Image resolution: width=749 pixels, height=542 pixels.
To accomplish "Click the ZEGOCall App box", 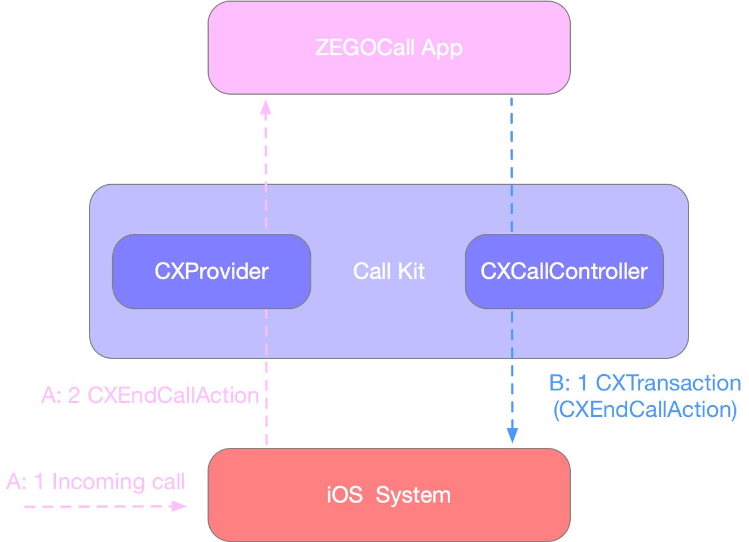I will pos(389,48).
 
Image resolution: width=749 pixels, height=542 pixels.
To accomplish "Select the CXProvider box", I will pos(212,272).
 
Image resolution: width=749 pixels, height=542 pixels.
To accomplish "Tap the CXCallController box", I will pos(564,272).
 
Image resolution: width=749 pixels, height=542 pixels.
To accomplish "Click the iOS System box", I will pos(389,495).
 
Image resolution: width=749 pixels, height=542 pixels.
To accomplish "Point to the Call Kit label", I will pos(389,272).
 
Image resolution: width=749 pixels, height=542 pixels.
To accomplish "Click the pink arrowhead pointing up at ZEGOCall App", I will pos(266,107).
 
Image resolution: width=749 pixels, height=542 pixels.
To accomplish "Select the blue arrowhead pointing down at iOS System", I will pos(512,435).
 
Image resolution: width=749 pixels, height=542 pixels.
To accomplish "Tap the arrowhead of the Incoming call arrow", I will pos(179,507).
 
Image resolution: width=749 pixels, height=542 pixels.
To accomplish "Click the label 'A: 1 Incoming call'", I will pos(96,482).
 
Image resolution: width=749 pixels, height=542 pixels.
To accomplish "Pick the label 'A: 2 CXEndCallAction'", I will pos(150,396).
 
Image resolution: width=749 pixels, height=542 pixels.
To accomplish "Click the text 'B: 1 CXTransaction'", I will pos(645,383).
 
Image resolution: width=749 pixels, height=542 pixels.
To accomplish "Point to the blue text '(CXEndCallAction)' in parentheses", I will pos(645,410).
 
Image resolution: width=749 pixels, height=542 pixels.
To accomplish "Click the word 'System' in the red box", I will pos(413,495).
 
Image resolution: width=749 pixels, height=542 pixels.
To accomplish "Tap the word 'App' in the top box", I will pos(442,48).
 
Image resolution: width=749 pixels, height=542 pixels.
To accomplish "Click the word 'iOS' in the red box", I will pos(344,495).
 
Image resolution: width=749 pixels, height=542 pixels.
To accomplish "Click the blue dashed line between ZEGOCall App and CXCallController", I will pos(512,163).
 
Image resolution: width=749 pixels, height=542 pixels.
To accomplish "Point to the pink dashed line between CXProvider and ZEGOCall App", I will pos(266,169).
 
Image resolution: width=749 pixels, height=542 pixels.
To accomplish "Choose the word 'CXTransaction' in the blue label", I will pos(668,383).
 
